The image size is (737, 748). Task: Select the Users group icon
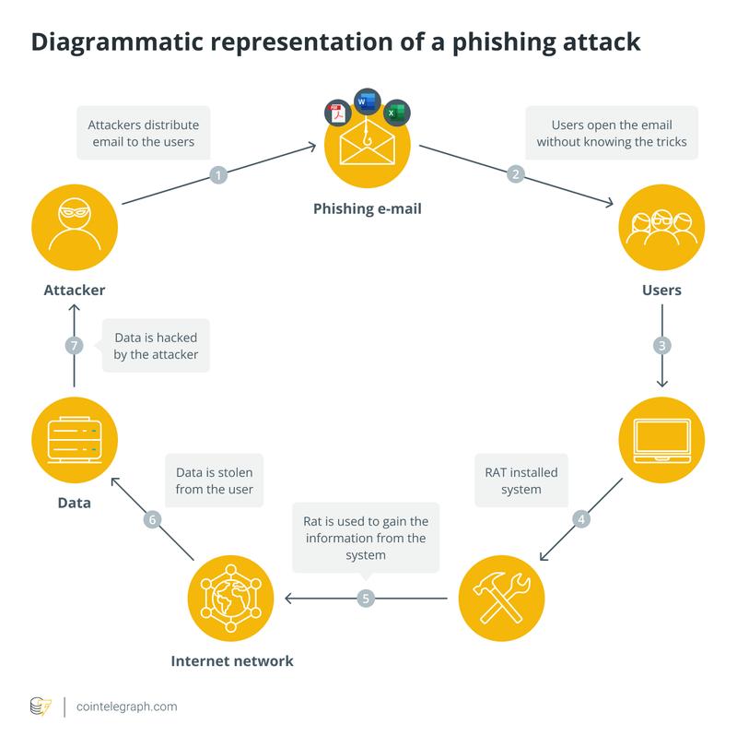661,223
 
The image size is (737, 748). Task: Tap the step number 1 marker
218,173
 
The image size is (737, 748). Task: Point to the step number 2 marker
516,173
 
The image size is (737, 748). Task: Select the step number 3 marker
661,346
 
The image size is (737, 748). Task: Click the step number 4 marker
581,518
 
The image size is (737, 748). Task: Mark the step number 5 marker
366,599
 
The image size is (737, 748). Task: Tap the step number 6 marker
152,519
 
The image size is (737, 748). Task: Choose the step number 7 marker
75,346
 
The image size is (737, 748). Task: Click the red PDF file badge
334,115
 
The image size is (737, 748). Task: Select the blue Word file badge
368,101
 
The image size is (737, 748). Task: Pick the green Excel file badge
397,113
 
